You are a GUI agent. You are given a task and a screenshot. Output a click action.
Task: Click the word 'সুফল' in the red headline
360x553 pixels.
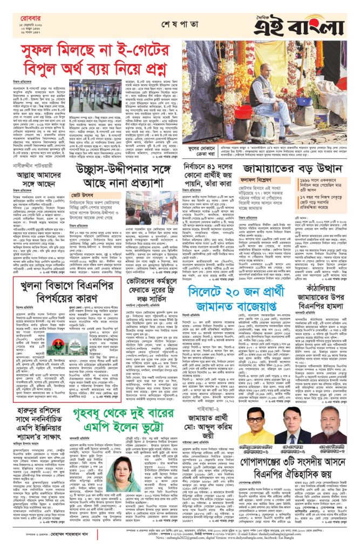coord(41,52)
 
